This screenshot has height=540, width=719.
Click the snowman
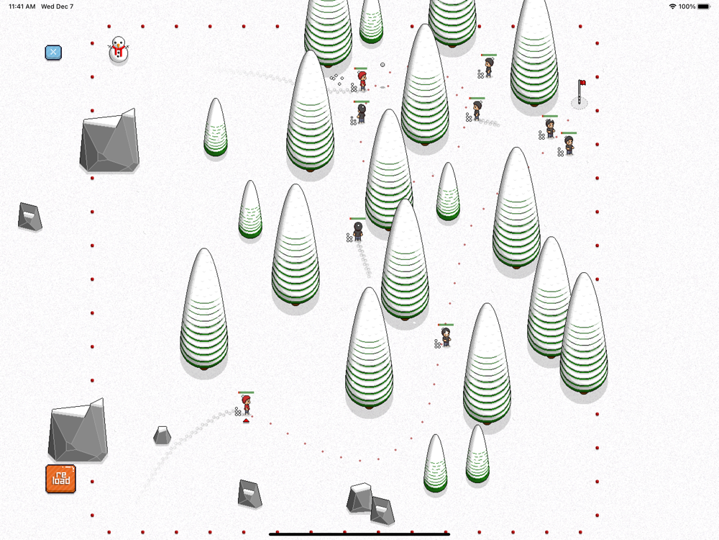click(119, 50)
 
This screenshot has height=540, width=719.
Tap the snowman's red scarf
click(119, 48)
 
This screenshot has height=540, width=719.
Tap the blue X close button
click(53, 53)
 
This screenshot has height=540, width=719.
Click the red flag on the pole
click(582, 83)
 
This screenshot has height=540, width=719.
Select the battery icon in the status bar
click(704, 6)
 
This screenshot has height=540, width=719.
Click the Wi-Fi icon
click(672, 6)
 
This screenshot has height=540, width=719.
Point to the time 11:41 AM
click(22, 6)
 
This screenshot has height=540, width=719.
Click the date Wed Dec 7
click(58, 6)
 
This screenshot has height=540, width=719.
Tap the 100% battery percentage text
click(687, 6)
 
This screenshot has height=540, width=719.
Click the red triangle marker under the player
click(246, 420)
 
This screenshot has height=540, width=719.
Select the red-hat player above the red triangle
click(246, 405)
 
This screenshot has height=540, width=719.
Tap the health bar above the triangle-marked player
click(246, 392)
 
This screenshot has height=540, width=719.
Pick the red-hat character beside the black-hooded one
click(362, 81)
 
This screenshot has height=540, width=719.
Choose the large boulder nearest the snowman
click(109, 140)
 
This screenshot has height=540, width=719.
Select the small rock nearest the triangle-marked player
click(162, 436)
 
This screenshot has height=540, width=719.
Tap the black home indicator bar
click(359, 534)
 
